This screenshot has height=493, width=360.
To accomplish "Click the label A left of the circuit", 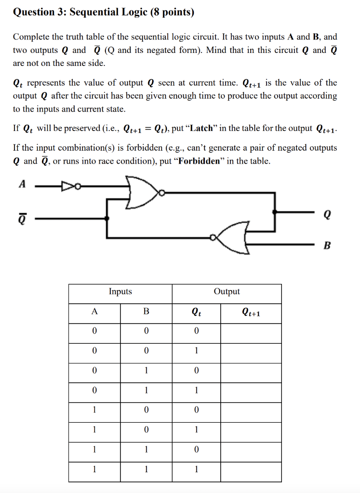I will pyautogui.click(x=21, y=183).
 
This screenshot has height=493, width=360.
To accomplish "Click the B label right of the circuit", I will pyautogui.click(x=328, y=246).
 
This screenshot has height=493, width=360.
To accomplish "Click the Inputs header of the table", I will pyautogui.click(x=120, y=291).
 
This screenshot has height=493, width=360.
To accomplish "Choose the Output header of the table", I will pyautogui.click(x=227, y=291).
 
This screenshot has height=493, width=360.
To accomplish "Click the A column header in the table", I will pyautogui.click(x=94, y=311).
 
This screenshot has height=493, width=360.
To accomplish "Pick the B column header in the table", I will pyautogui.click(x=146, y=311).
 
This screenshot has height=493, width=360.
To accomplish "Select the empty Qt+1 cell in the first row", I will pyautogui.click(x=251, y=331).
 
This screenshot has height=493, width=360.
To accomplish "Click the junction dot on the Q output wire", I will pyautogui.click(x=275, y=211).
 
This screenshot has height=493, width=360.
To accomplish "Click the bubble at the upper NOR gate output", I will pyautogui.click(x=163, y=193).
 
